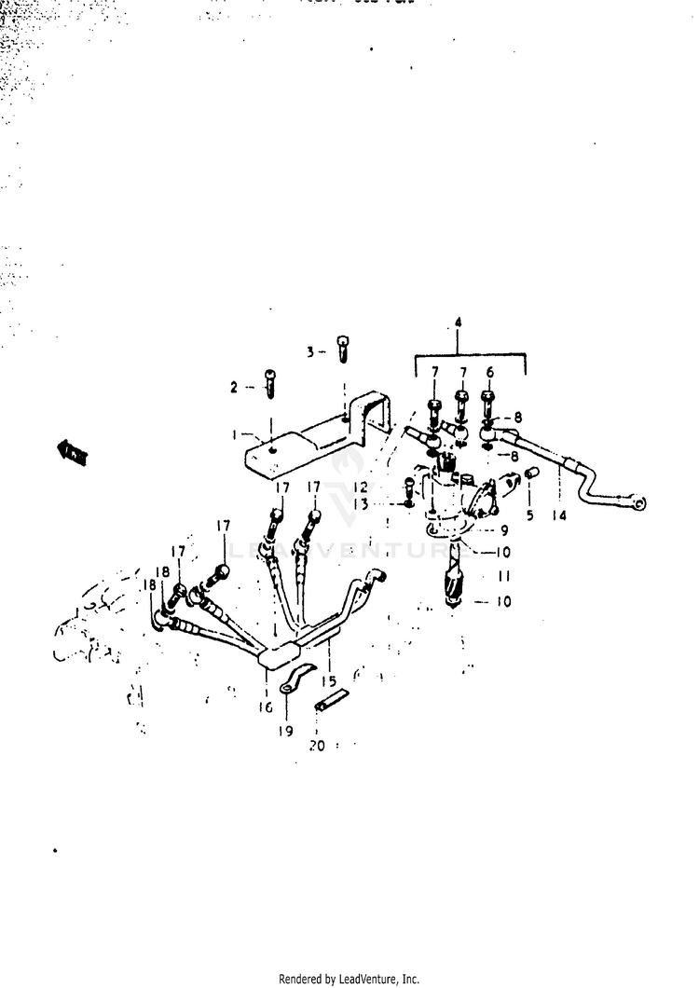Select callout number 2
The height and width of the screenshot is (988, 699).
235,386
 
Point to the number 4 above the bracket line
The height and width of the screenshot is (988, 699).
459,322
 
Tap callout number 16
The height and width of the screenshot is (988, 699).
267,707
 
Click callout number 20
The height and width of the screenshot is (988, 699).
317,747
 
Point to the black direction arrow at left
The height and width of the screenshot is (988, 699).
72,453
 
